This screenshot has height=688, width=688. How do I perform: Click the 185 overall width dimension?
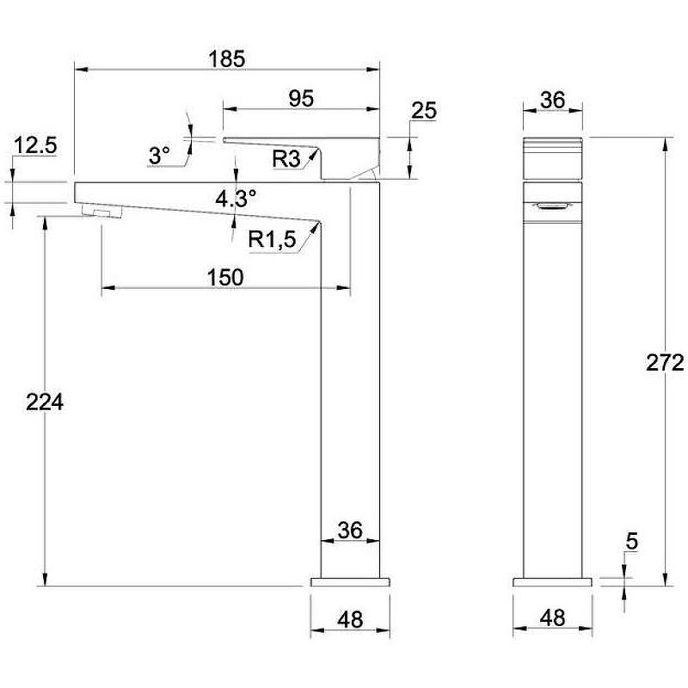point(227,59)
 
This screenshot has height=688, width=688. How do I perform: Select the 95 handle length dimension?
point(300,98)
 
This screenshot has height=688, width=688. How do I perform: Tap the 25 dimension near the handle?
point(424,111)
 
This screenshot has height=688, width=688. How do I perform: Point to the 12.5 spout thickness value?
point(35,145)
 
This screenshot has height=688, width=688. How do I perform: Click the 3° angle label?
point(160,156)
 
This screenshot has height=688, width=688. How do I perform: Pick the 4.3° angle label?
point(236,200)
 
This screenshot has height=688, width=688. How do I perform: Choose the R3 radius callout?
point(286,158)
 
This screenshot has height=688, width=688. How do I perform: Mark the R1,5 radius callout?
point(272,240)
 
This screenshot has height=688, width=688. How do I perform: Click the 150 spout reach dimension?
point(225,277)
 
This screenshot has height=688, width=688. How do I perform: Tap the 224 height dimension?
point(46,402)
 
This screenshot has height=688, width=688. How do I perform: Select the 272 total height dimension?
point(665,363)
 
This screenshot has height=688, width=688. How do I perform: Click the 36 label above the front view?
point(552,100)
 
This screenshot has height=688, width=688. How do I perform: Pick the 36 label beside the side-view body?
point(350,531)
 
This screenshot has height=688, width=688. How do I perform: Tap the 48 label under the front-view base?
point(552,617)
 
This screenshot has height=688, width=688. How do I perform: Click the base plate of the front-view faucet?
point(552,582)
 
